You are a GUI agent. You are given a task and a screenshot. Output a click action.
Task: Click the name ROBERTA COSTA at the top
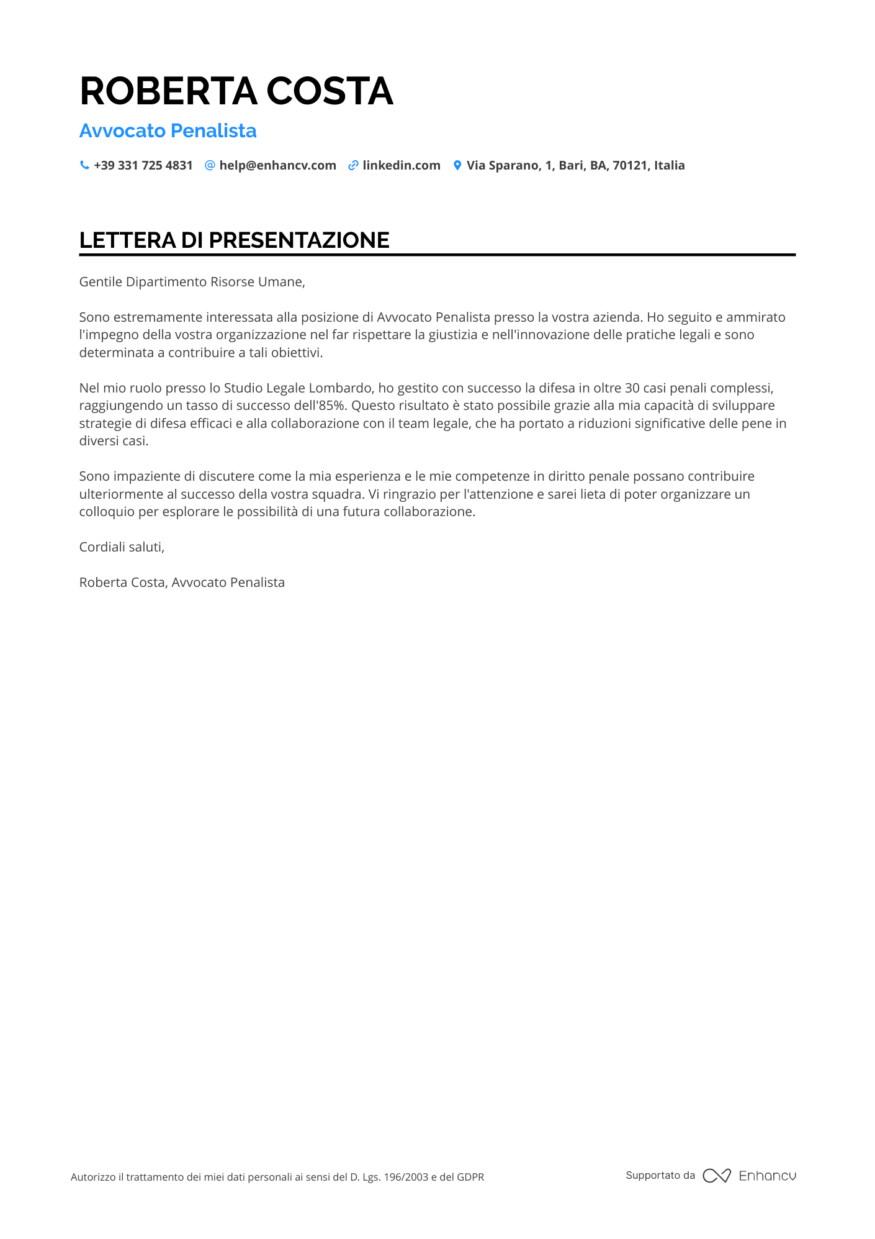tap(236, 91)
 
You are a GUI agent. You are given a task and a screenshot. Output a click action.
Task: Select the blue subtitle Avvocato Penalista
tap(168, 131)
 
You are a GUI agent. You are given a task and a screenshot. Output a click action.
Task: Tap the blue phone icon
tap(84, 165)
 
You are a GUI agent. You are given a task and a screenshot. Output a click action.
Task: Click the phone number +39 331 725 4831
tap(143, 165)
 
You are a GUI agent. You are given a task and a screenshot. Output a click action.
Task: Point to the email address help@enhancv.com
tap(277, 165)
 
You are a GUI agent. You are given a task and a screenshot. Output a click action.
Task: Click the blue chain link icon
tap(353, 165)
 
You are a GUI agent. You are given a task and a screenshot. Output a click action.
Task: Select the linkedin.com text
tap(401, 165)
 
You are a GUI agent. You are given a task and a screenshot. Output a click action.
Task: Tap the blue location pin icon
tap(457, 165)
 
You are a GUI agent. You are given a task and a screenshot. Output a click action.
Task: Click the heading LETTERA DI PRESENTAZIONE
tap(234, 240)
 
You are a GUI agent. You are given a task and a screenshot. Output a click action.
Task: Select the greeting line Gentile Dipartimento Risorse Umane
tap(192, 282)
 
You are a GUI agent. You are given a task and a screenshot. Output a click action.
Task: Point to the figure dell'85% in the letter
tap(323, 406)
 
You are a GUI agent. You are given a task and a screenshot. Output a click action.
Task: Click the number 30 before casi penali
tap(632, 388)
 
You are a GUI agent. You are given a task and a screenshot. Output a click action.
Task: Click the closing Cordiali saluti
tap(122, 547)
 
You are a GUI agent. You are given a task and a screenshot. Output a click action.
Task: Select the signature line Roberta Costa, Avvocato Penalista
tap(182, 583)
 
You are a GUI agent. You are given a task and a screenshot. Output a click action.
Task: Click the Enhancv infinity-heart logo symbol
tap(716, 1176)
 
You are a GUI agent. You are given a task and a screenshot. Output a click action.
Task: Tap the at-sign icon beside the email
tap(210, 165)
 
